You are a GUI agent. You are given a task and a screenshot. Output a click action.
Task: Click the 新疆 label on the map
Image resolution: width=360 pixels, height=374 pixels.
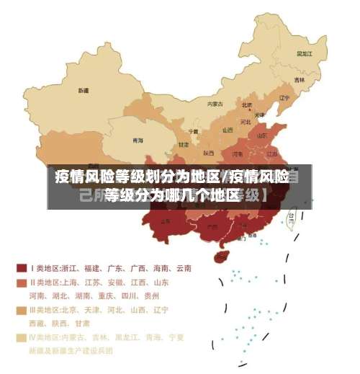(x=84, y=91)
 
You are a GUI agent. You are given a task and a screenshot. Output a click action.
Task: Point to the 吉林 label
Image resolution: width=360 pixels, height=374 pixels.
(x=298, y=79)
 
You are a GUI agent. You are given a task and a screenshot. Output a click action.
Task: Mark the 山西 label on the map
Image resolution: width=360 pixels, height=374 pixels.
(x=228, y=130)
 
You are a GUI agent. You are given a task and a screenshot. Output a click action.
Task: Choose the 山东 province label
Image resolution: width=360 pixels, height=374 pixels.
(x=263, y=135)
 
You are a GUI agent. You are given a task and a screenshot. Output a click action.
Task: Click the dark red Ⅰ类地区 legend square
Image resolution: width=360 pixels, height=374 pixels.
(x=21, y=268)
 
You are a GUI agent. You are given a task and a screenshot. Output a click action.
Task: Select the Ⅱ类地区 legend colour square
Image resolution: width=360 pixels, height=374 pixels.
(x=21, y=282)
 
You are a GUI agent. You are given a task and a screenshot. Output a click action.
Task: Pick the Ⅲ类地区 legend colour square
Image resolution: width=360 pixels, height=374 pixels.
(x=21, y=311)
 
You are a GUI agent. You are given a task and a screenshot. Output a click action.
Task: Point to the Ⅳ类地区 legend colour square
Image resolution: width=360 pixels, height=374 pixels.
(x=21, y=337)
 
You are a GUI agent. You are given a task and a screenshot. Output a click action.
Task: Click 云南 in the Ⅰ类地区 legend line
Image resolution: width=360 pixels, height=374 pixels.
(x=182, y=268)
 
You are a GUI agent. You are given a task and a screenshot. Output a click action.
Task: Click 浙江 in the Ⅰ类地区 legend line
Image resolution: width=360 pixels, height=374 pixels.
(x=70, y=268)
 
